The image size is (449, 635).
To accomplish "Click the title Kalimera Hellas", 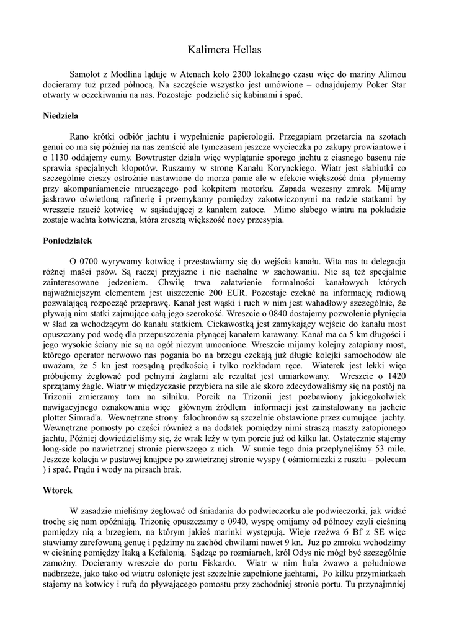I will click(225, 49).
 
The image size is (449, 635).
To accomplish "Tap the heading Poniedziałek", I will click(68, 239).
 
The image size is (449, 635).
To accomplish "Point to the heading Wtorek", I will click(58, 490).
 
